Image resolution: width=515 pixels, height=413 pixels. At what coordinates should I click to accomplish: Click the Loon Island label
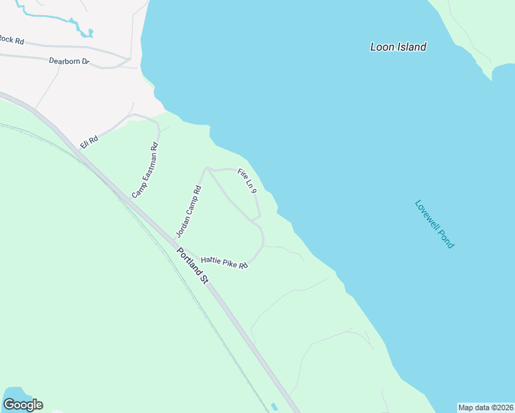(x=398, y=47)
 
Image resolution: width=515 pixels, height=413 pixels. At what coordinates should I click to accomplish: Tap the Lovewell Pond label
(x=434, y=224)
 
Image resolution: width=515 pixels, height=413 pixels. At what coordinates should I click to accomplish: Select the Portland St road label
(x=192, y=265)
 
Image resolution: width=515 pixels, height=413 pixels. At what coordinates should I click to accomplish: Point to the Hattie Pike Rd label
(x=224, y=263)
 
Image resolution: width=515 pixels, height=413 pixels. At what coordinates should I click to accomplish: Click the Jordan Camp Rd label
(x=188, y=211)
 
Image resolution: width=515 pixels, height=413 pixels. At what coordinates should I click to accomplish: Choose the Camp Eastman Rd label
(x=145, y=170)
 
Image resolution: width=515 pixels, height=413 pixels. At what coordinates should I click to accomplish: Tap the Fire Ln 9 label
(x=247, y=181)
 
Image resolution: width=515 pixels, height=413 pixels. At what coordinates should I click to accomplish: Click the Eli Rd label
(x=89, y=139)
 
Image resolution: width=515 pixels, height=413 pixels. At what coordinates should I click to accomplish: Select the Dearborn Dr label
(x=70, y=61)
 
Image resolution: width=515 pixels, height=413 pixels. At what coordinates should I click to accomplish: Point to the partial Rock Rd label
(x=12, y=41)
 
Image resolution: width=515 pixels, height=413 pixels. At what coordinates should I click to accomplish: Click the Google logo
(x=23, y=405)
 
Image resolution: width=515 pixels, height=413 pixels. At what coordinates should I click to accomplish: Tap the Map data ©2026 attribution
(x=485, y=407)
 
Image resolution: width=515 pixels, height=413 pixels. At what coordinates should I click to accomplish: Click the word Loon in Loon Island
(x=382, y=47)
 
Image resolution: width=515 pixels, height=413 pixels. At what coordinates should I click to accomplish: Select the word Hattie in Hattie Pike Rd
(x=211, y=260)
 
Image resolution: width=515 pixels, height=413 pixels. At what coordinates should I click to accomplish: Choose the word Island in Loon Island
(x=411, y=47)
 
